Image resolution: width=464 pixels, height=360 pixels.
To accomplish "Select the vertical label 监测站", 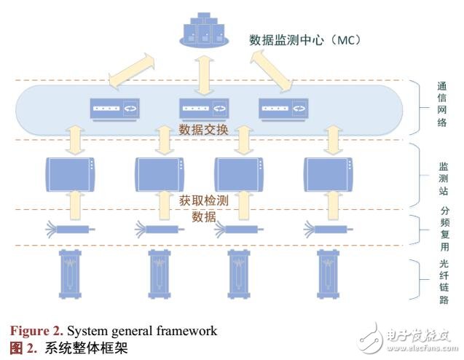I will (x=441, y=176).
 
